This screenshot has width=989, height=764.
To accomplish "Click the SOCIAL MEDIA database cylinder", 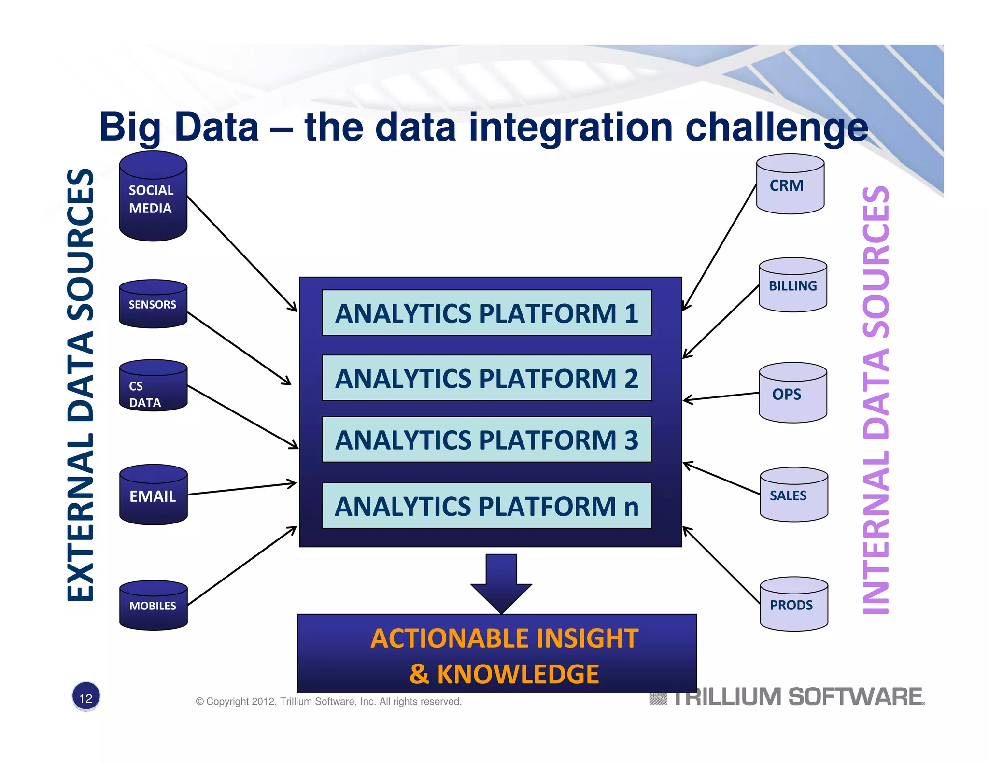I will click(153, 198).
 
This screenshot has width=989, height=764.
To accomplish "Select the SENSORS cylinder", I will click(153, 304).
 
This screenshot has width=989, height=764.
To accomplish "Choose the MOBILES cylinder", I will click(153, 606).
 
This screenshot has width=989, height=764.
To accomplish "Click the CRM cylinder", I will click(790, 185).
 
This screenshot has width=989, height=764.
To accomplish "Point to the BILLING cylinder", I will click(792, 286).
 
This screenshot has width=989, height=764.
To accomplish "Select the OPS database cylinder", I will click(792, 394).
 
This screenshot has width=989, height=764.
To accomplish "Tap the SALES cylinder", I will click(793, 495).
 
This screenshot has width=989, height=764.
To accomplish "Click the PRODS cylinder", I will click(793, 605).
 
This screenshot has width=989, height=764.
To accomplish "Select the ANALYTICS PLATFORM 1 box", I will click(487, 313).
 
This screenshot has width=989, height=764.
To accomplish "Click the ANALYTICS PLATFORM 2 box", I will click(487, 378).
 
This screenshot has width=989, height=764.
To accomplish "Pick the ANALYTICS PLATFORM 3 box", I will click(487, 439).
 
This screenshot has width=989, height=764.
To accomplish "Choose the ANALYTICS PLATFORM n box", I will click(487, 506).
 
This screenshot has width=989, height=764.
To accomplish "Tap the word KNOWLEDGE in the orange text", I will click(518, 674).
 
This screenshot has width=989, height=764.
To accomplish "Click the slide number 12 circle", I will click(86, 697).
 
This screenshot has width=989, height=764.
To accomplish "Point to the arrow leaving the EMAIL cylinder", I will click(241, 489).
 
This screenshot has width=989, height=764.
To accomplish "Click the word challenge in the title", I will click(777, 127).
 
